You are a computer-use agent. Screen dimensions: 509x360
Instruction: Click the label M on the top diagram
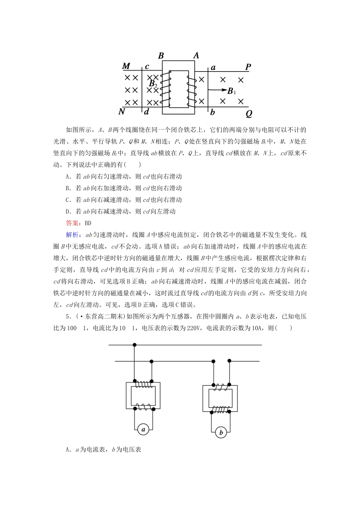pyautogui.click(x=126, y=66)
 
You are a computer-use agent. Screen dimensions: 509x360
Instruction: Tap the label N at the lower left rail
pyautogui.click(x=122, y=111)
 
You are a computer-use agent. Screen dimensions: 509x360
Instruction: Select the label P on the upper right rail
pyautogui.click(x=248, y=67)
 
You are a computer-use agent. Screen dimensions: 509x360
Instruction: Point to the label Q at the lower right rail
pyautogui.click(x=249, y=113)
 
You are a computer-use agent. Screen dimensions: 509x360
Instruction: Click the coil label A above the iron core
pyautogui.click(x=196, y=55)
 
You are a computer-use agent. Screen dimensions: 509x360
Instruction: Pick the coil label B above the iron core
pyautogui.click(x=161, y=56)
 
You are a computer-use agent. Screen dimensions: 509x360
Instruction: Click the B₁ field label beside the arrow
pyautogui.click(x=232, y=91)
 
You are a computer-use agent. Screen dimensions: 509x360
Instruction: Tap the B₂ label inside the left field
pyautogui.click(x=153, y=84)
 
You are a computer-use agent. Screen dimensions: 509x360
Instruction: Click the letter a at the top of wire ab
pyautogui.click(x=213, y=67)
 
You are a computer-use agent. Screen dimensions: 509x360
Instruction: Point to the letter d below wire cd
pyautogui.click(x=147, y=112)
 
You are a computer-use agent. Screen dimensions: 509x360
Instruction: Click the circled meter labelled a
pyautogui.click(x=143, y=429)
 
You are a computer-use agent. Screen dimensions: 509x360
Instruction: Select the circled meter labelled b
pyautogui.click(x=221, y=432)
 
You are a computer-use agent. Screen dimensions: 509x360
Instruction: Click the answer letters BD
pyautogui.click(x=88, y=223)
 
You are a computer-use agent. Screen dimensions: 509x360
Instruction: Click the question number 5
pyautogui.click(x=67, y=317)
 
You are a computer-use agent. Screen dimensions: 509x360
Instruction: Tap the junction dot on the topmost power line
pyautogui.click(x=135, y=345)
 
